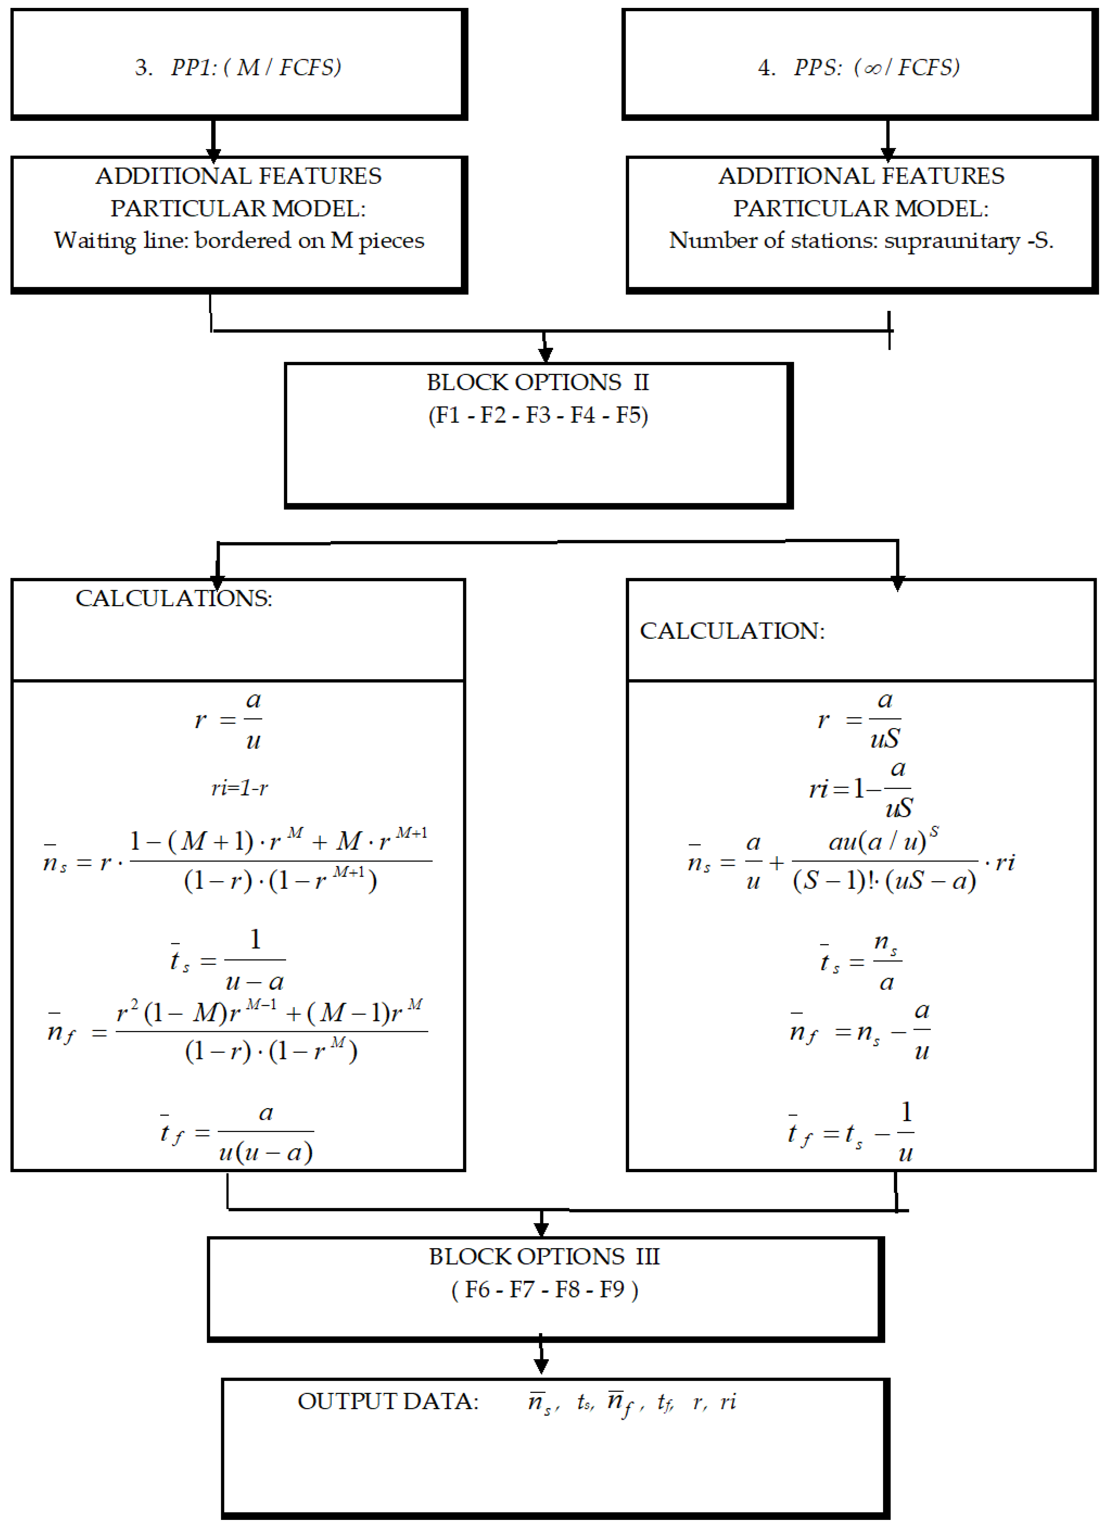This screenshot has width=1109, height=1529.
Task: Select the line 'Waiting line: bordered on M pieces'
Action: pyautogui.click(x=239, y=241)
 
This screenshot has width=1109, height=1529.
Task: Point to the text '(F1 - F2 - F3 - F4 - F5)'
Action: pyautogui.click(x=538, y=415)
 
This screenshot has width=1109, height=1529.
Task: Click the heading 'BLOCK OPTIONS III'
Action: pyautogui.click(x=544, y=1257)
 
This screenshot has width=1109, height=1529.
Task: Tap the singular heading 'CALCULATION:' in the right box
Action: pyautogui.click(x=732, y=631)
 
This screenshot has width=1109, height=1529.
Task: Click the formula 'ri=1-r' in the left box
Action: pyautogui.click(x=239, y=788)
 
